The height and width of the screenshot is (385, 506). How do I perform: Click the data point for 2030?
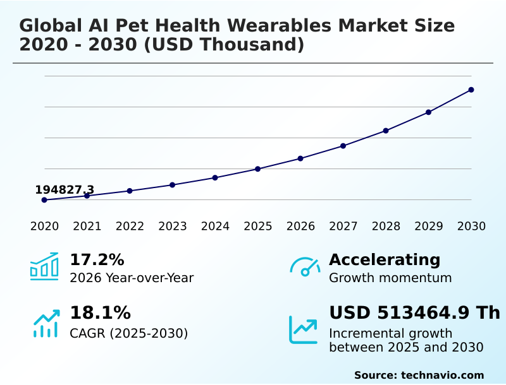click(x=471, y=90)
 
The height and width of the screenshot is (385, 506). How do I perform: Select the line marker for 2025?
click(x=258, y=169)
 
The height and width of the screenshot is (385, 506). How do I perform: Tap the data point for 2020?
click(x=44, y=200)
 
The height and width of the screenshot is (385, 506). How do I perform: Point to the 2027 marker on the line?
click(x=343, y=146)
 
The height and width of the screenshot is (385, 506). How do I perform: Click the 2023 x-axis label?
click(x=173, y=227)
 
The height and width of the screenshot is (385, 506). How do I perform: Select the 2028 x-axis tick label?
click(x=386, y=227)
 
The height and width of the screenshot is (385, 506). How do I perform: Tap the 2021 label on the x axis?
click(x=87, y=227)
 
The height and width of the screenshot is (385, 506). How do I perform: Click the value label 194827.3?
click(x=65, y=189)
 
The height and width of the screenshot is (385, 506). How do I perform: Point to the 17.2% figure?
click(x=97, y=259)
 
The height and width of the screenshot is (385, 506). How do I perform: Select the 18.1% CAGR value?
click(x=100, y=312)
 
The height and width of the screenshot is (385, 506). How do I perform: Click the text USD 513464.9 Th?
click(x=414, y=312)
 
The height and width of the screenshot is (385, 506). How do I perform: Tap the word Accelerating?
click(x=385, y=259)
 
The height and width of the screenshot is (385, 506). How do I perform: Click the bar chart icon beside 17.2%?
click(x=44, y=266)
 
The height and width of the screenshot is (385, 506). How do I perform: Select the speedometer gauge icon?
click(x=304, y=266)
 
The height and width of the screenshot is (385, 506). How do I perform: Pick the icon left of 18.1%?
click(x=46, y=323)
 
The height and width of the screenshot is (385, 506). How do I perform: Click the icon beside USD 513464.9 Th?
click(x=304, y=329)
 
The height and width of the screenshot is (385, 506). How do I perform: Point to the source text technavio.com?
click(x=442, y=375)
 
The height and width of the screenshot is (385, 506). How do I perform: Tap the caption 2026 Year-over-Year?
click(x=132, y=278)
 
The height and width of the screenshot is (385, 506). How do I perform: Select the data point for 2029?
click(x=428, y=112)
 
